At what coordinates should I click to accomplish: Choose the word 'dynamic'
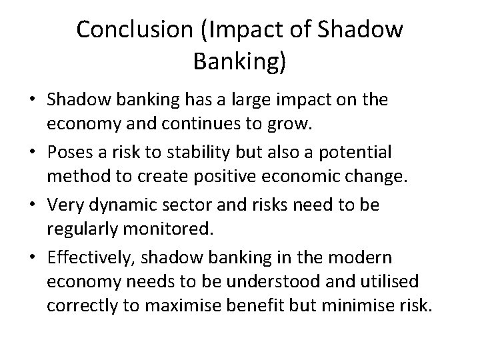click(x=116, y=205)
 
